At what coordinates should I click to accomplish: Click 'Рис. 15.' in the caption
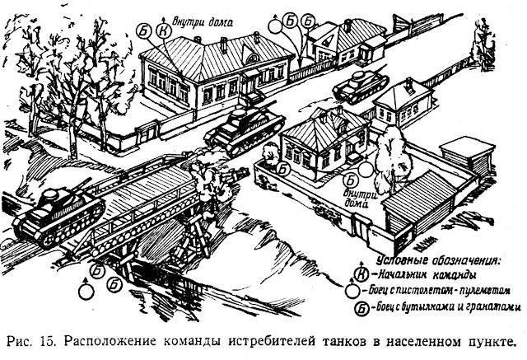point(39,340)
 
